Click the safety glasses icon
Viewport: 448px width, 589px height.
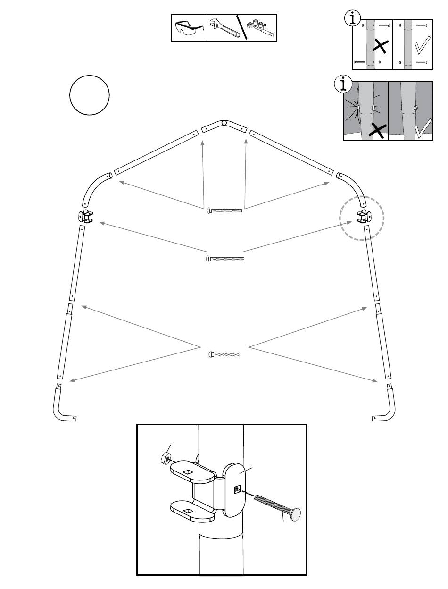(189, 28)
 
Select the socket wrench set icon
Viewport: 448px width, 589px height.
(261, 28)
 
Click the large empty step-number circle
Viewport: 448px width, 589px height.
(90, 95)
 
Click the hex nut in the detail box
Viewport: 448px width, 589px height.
(166, 457)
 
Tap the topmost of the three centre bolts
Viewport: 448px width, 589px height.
(225, 210)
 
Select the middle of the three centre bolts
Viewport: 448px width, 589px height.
(225, 259)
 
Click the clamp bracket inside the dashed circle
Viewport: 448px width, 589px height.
(364, 216)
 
